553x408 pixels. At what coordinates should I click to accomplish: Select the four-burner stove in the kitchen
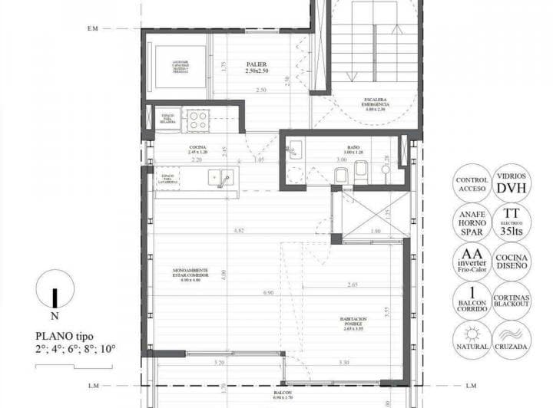(198, 119)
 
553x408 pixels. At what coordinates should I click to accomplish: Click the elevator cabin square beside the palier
(180, 67)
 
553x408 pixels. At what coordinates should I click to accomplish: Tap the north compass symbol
(53, 294)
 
